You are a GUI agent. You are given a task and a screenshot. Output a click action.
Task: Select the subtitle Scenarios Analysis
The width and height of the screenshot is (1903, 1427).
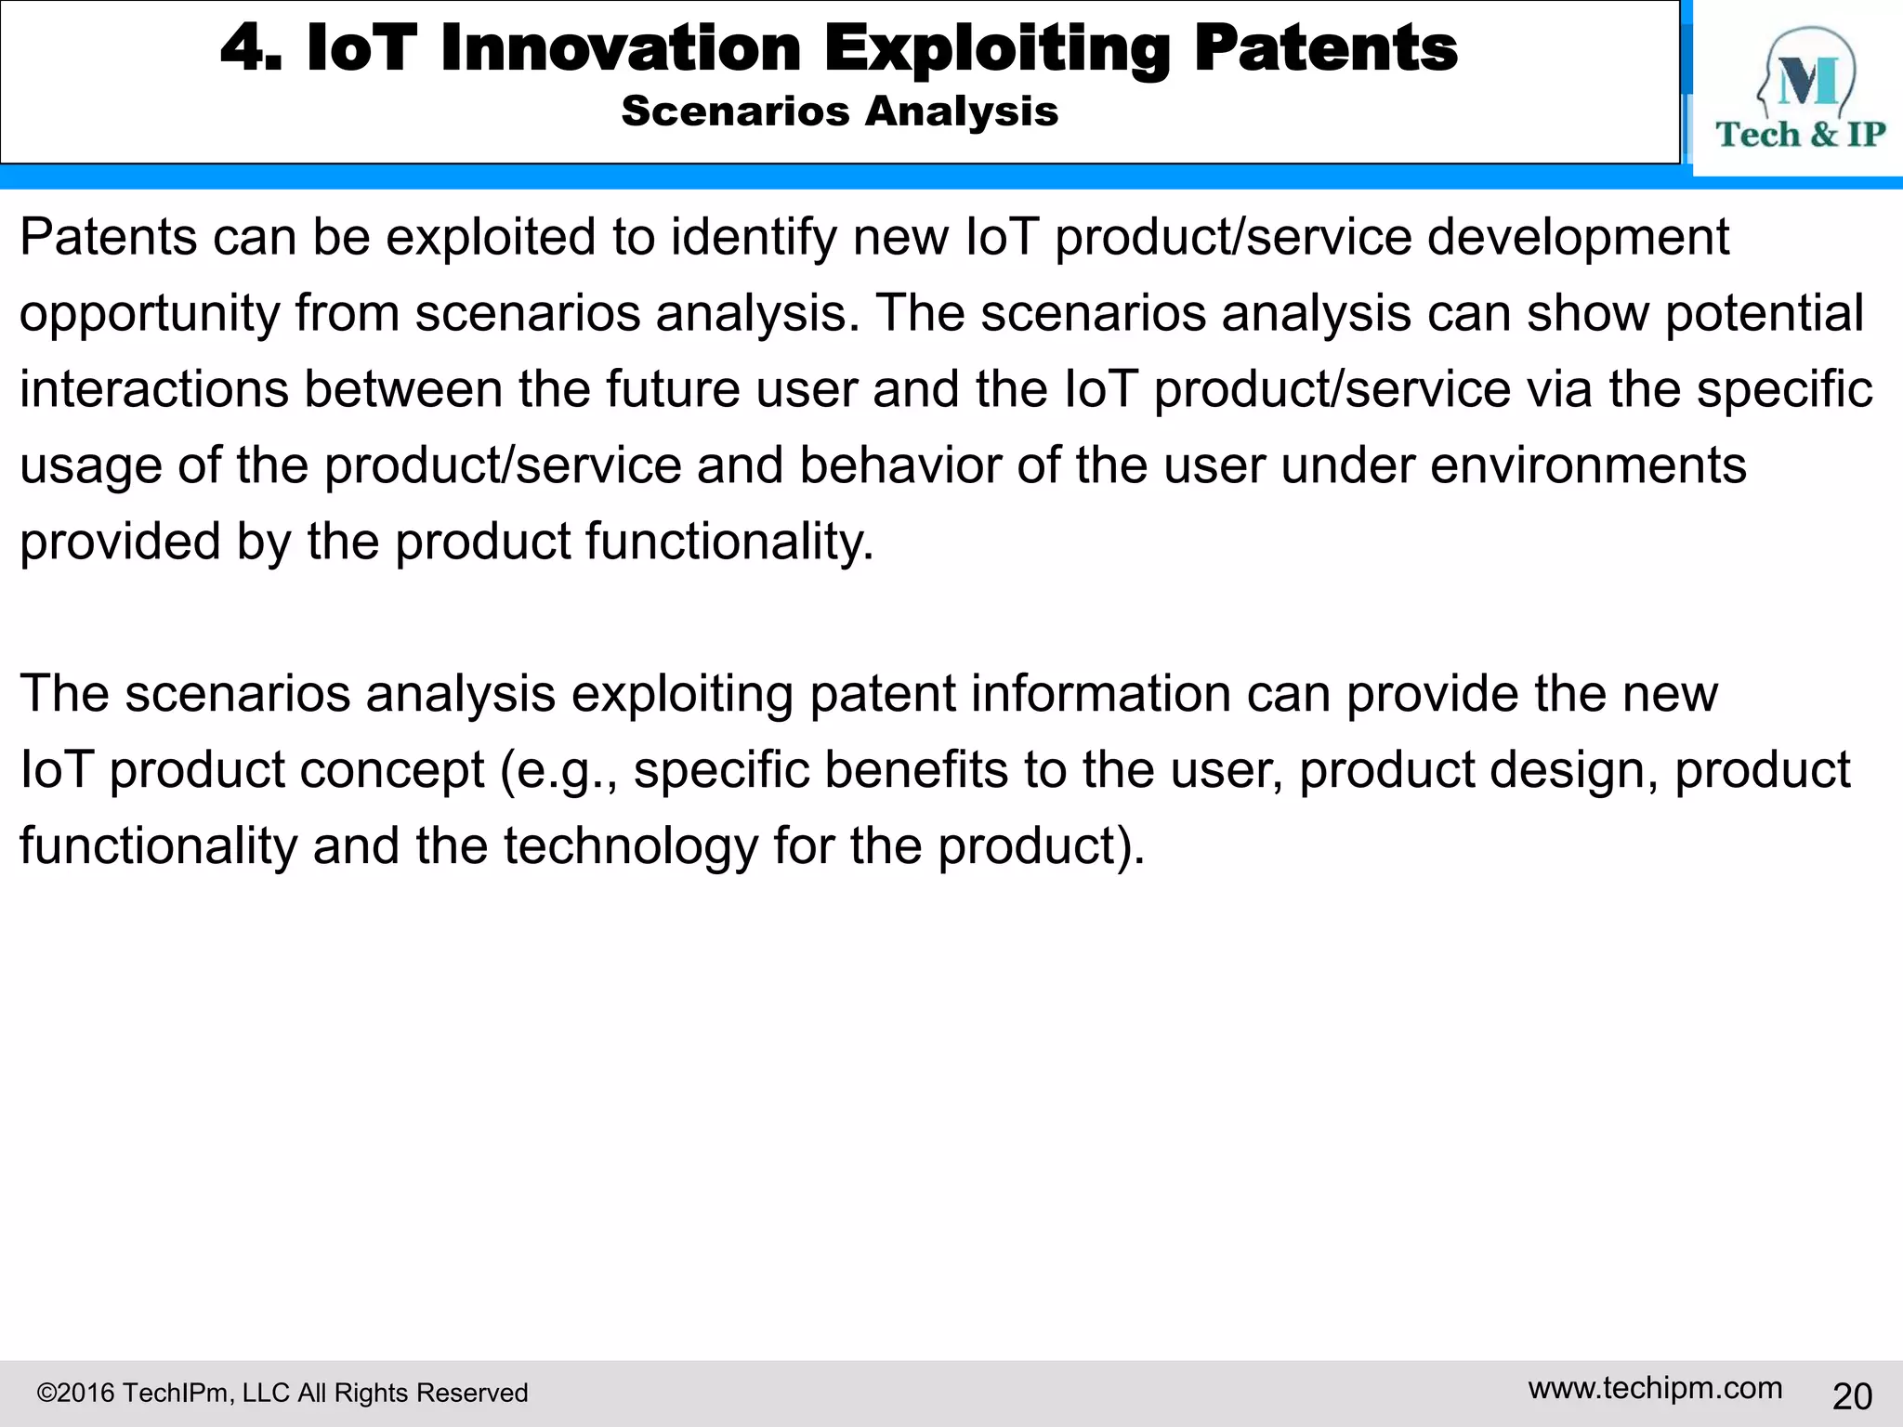[x=839, y=111]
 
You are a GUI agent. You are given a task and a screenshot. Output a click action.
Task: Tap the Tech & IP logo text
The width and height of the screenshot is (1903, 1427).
[x=1800, y=135]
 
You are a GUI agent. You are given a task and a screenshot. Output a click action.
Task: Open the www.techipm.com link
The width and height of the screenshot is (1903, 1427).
[x=1655, y=1388]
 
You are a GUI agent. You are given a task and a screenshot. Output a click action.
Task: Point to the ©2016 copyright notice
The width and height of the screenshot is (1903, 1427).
[x=282, y=1393]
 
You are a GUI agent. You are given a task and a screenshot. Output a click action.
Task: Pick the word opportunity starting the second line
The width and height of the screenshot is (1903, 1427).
[x=150, y=314]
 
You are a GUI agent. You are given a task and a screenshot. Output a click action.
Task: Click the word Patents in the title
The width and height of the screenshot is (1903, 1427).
[x=1325, y=48]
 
